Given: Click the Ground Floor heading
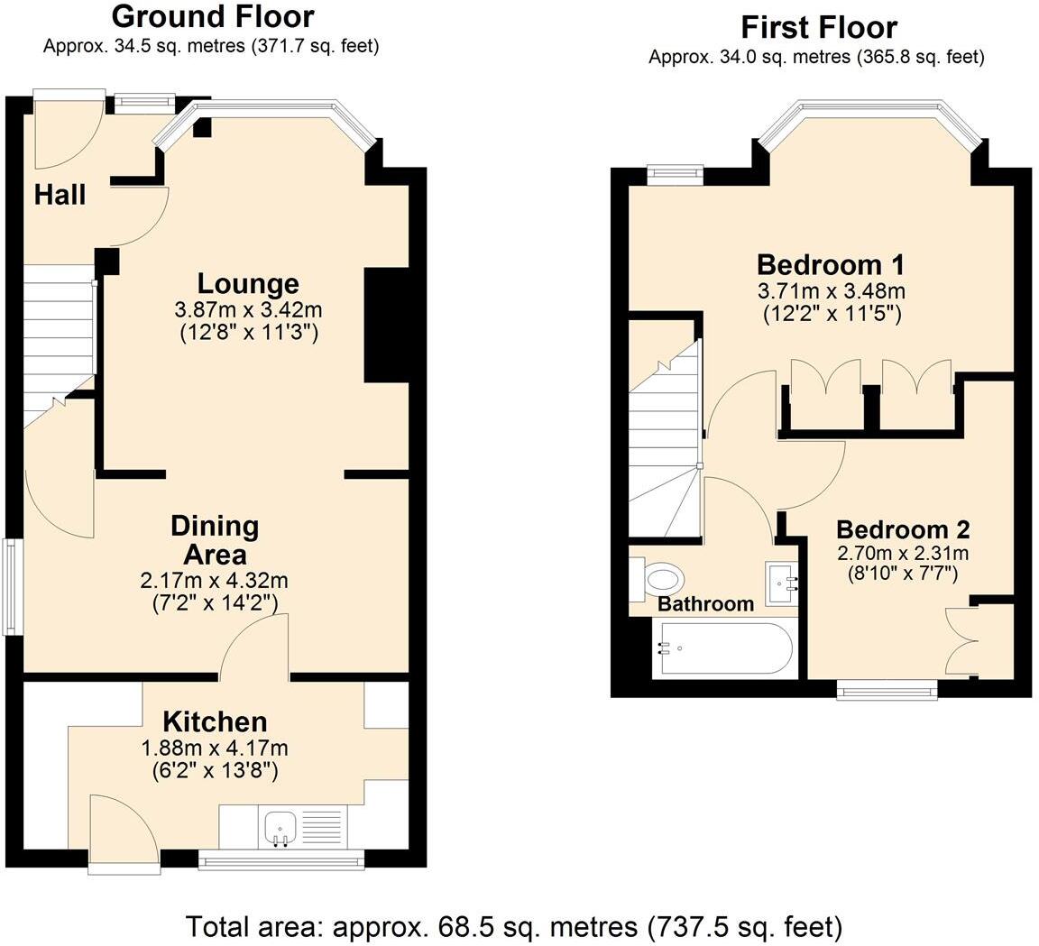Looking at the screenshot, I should click(212, 16).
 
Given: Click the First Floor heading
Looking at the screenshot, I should click(818, 26).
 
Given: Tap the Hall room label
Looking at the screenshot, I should click(60, 194).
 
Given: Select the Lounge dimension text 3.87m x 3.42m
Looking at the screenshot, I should click(248, 309).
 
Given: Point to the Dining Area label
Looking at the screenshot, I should click(215, 539).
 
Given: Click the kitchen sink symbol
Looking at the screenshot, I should click(280, 827).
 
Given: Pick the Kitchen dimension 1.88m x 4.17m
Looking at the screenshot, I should click(215, 748).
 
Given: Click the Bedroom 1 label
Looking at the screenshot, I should click(831, 265).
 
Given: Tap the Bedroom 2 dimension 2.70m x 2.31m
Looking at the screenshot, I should click(902, 553).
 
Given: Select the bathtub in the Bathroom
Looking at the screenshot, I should click(726, 649).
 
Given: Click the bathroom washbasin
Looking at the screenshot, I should click(782, 583).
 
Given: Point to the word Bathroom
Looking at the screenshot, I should click(705, 604).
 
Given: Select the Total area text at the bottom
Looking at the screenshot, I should click(514, 926).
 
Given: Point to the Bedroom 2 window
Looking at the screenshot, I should click(887, 689).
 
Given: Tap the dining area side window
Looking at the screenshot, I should click(13, 587).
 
